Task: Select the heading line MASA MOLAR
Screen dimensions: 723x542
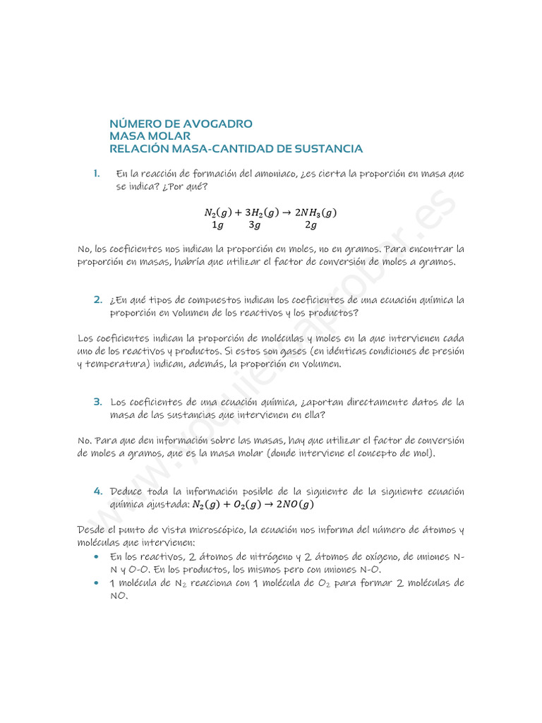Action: [x=150, y=136]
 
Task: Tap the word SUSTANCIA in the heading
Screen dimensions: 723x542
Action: [x=330, y=149]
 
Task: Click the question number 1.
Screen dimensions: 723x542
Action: [x=96, y=174]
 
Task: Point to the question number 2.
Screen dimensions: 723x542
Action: [x=98, y=299]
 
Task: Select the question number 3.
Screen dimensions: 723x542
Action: [x=98, y=402]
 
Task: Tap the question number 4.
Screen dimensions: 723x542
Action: [x=98, y=491]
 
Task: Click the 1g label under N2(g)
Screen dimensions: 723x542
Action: [x=217, y=225]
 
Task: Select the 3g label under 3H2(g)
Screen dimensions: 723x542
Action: [x=255, y=225]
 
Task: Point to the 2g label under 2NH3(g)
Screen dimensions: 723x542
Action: [x=311, y=225]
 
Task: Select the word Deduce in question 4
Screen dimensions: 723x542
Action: [x=127, y=491]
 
